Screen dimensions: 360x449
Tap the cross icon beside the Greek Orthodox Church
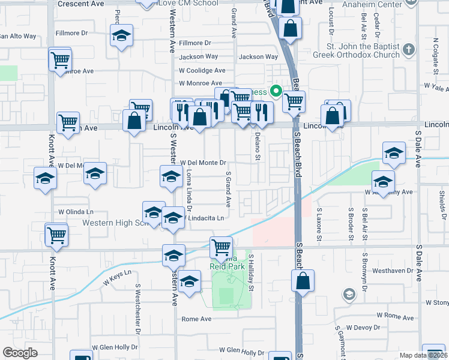tap(409, 49)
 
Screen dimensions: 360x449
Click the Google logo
tap(20, 353)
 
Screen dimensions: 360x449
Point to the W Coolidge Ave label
tap(201, 70)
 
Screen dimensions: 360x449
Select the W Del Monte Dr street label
tap(202, 163)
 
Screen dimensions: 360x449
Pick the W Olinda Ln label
tap(76, 212)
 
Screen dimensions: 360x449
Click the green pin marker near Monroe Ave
tap(276, 92)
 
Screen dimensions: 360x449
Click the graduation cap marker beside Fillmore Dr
tap(121, 37)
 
